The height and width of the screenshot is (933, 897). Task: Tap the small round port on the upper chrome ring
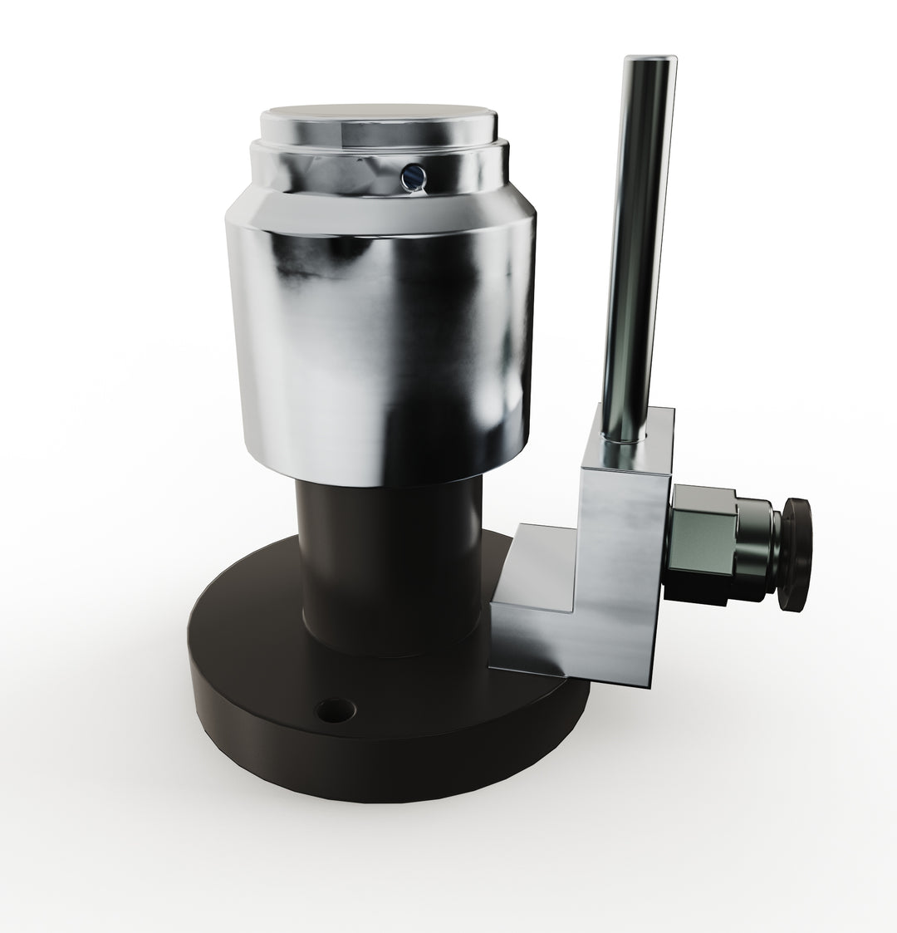tap(411, 174)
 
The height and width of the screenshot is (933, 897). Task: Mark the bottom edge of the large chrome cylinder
tap(382, 482)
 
